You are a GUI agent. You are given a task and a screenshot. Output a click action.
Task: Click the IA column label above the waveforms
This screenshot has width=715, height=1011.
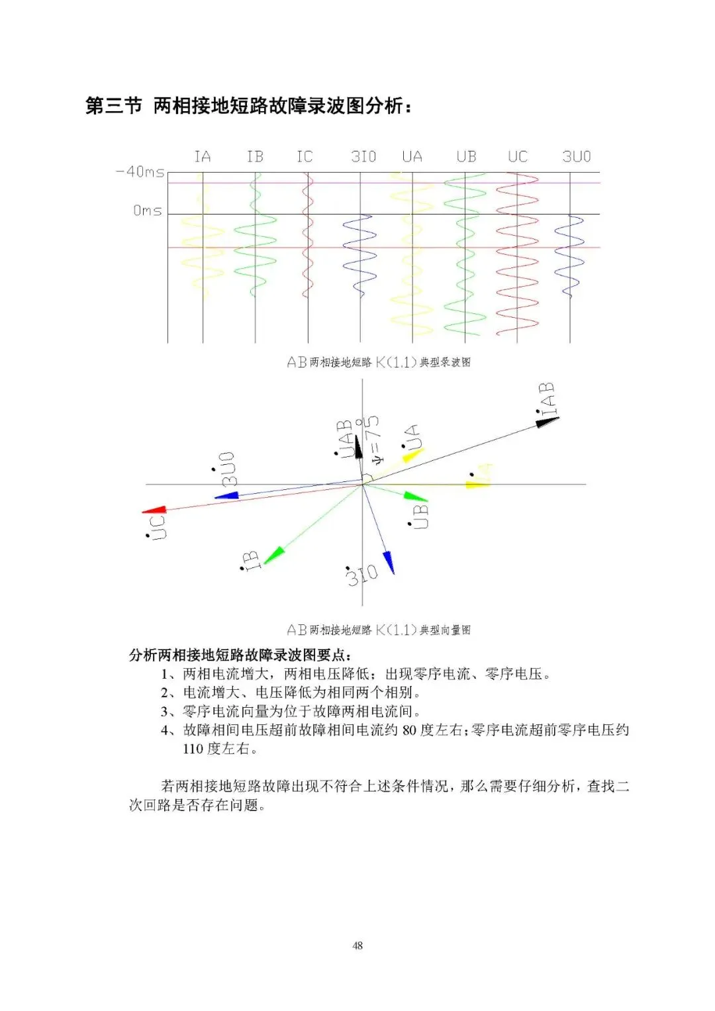tap(203, 157)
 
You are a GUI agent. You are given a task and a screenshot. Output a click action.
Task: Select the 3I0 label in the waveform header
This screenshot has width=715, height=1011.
tap(363, 157)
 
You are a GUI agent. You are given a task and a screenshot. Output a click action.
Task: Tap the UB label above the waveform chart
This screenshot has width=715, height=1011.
tap(466, 157)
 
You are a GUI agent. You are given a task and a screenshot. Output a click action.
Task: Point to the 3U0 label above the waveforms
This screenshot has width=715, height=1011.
tap(576, 157)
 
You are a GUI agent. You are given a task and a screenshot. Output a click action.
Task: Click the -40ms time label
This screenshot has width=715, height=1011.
tap(140, 172)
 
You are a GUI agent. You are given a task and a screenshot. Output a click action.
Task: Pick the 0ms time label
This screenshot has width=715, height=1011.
tap(147, 211)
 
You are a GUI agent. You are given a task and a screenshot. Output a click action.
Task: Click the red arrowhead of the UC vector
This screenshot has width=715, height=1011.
tap(154, 510)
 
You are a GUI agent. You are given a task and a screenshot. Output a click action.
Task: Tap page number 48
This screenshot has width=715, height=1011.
tap(358, 945)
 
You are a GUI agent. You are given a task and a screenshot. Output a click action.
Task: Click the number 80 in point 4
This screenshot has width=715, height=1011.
tap(410, 730)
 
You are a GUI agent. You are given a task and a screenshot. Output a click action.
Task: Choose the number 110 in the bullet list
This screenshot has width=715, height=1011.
tap(193, 749)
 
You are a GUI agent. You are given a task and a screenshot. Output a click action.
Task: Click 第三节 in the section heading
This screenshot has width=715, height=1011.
tap(114, 106)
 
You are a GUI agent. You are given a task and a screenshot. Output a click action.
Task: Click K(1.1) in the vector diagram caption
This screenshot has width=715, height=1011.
tap(396, 630)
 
